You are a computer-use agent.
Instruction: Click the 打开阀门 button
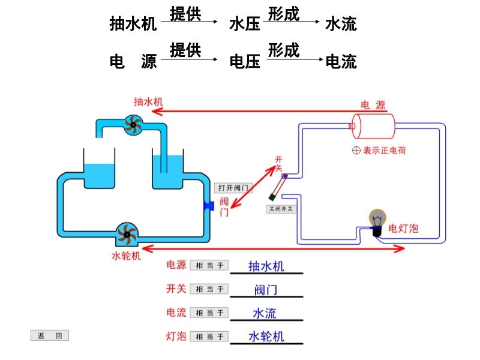(233, 188)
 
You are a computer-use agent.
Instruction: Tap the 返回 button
(50, 336)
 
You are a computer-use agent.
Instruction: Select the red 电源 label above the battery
(373, 104)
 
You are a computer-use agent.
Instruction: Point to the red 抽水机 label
(148, 102)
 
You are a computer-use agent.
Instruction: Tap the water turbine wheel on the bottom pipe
(127, 234)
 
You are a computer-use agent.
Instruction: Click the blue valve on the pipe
(209, 206)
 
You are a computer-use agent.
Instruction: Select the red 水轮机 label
(127, 256)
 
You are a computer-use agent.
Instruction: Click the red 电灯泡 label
(404, 228)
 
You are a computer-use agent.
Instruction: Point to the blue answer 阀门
(266, 290)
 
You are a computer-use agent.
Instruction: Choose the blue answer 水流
(265, 313)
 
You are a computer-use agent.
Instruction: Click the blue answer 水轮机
(266, 337)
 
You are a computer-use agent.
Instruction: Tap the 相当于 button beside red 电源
(209, 265)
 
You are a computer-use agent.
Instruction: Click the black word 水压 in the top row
(245, 24)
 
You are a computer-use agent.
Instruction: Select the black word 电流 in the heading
(341, 61)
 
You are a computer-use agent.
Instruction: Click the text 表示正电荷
(384, 151)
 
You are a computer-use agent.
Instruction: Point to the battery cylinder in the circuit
(373, 127)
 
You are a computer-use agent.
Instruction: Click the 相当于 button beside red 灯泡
(209, 337)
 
